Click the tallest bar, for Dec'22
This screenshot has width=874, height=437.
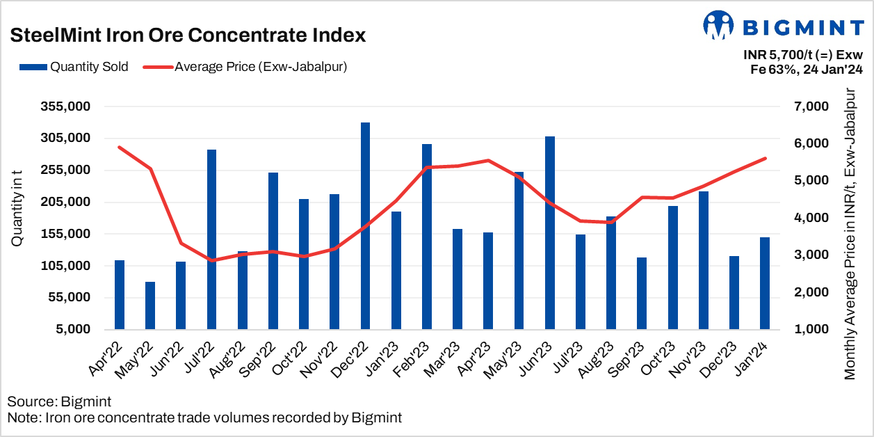coord(365,225)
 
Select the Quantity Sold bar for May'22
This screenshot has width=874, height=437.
coord(150,305)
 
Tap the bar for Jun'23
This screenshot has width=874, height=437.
coord(550,232)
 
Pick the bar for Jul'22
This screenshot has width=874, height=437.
coord(211,239)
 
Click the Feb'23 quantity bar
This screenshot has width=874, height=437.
coord(427,237)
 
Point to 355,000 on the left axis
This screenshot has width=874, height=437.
coord(67,106)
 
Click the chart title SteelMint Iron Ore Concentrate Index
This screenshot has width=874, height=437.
coord(188,35)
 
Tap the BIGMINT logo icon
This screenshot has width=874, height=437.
coord(719,25)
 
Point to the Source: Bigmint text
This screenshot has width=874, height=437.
coord(59,402)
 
